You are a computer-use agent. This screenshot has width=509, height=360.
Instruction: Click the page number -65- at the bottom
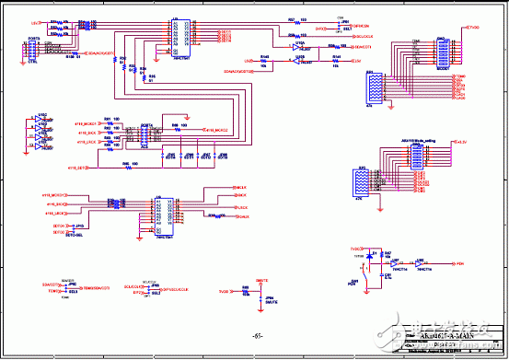(x=258, y=336)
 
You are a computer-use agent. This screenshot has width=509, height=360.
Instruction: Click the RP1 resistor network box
(x=375, y=90)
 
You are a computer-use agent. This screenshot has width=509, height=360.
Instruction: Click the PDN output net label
(x=459, y=263)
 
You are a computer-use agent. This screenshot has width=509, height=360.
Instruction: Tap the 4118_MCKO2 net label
(x=215, y=130)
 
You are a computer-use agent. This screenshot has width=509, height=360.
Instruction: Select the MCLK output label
(x=243, y=187)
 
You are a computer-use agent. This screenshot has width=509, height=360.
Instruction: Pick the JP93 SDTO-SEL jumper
(x=78, y=226)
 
